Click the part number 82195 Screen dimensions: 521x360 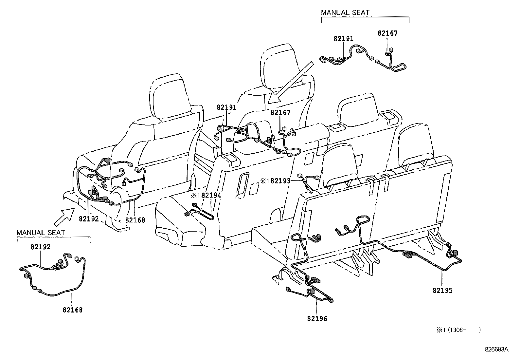point(442,290)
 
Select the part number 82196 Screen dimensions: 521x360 point(317,318)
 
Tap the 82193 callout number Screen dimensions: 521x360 point(280,181)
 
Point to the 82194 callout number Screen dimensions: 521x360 point(211,195)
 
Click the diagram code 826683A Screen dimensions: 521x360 point(496,349)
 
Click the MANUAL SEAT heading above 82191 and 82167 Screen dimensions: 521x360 point(345,12)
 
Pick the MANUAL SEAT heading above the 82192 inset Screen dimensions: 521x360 point(41,233)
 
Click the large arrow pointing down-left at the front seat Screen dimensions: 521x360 point(291,83)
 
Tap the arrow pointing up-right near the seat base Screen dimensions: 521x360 point(64,217)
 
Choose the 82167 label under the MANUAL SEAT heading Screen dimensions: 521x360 point(387,33)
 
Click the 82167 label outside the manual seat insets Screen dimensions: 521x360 point(280,112)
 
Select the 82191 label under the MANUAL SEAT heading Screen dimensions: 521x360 point(344,39)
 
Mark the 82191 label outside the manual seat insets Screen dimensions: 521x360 point(226,107)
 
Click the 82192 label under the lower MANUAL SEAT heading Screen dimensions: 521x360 point(41,247)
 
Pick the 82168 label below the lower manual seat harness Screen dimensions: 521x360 point(73,310)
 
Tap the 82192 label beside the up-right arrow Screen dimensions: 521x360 point(89,219)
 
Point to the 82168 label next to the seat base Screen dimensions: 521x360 point(135,220)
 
